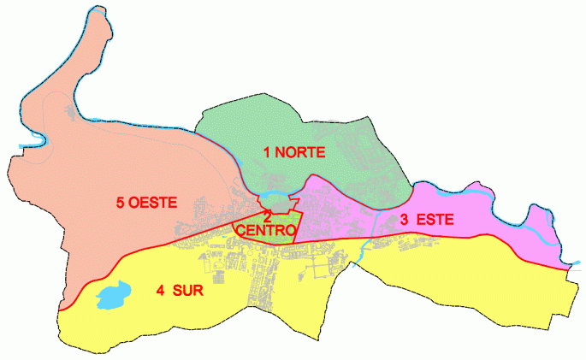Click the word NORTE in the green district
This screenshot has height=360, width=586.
[299, 153]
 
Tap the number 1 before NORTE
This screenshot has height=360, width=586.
[268, 153]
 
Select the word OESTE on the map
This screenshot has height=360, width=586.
[153, 203]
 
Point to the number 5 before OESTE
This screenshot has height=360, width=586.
[121, 203]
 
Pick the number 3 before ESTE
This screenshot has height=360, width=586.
[404, 220]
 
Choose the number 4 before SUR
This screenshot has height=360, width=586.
[160, 290]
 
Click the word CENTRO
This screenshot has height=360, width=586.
[266, 231]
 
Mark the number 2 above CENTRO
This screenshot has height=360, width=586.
[268, 217]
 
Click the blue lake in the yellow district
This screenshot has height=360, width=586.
[110, 298]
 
